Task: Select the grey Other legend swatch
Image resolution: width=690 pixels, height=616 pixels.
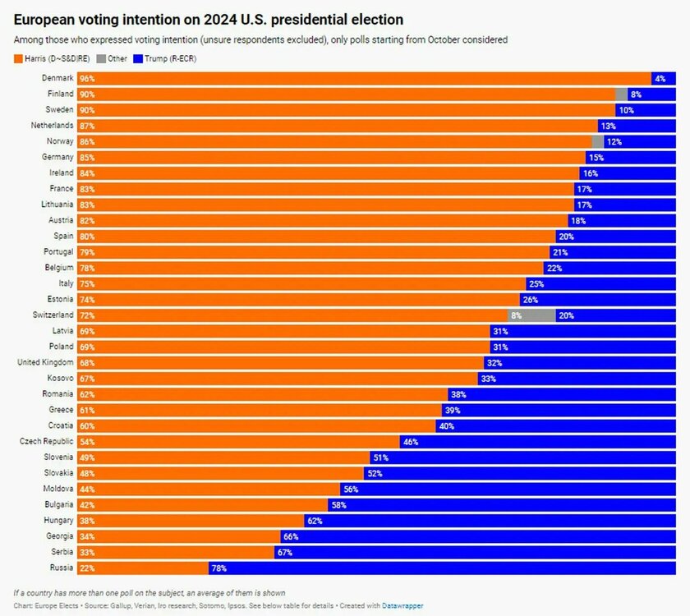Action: click(101, 58)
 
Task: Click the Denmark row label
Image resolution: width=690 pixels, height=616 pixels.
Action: click(57, 78)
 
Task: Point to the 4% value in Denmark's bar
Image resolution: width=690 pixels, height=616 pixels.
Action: click(660, 78)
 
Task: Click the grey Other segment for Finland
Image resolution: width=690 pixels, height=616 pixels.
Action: click(621, 94)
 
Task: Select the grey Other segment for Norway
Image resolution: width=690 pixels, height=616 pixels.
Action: click(597, 141)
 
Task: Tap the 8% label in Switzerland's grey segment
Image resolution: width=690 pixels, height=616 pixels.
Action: click(517, 315)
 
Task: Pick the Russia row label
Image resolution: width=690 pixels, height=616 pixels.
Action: click(62, 568)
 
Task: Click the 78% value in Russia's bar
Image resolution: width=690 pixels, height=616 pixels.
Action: click(218, 568)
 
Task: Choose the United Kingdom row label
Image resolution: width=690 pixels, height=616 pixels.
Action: click(46, 362)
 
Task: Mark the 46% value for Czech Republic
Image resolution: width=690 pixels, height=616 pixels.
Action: click(410, 441)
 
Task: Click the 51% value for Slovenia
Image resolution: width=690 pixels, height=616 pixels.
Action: click(379, 457)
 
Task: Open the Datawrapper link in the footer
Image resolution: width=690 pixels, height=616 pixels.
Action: click(402, 605)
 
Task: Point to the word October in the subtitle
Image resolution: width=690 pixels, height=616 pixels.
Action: click(454, 39)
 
